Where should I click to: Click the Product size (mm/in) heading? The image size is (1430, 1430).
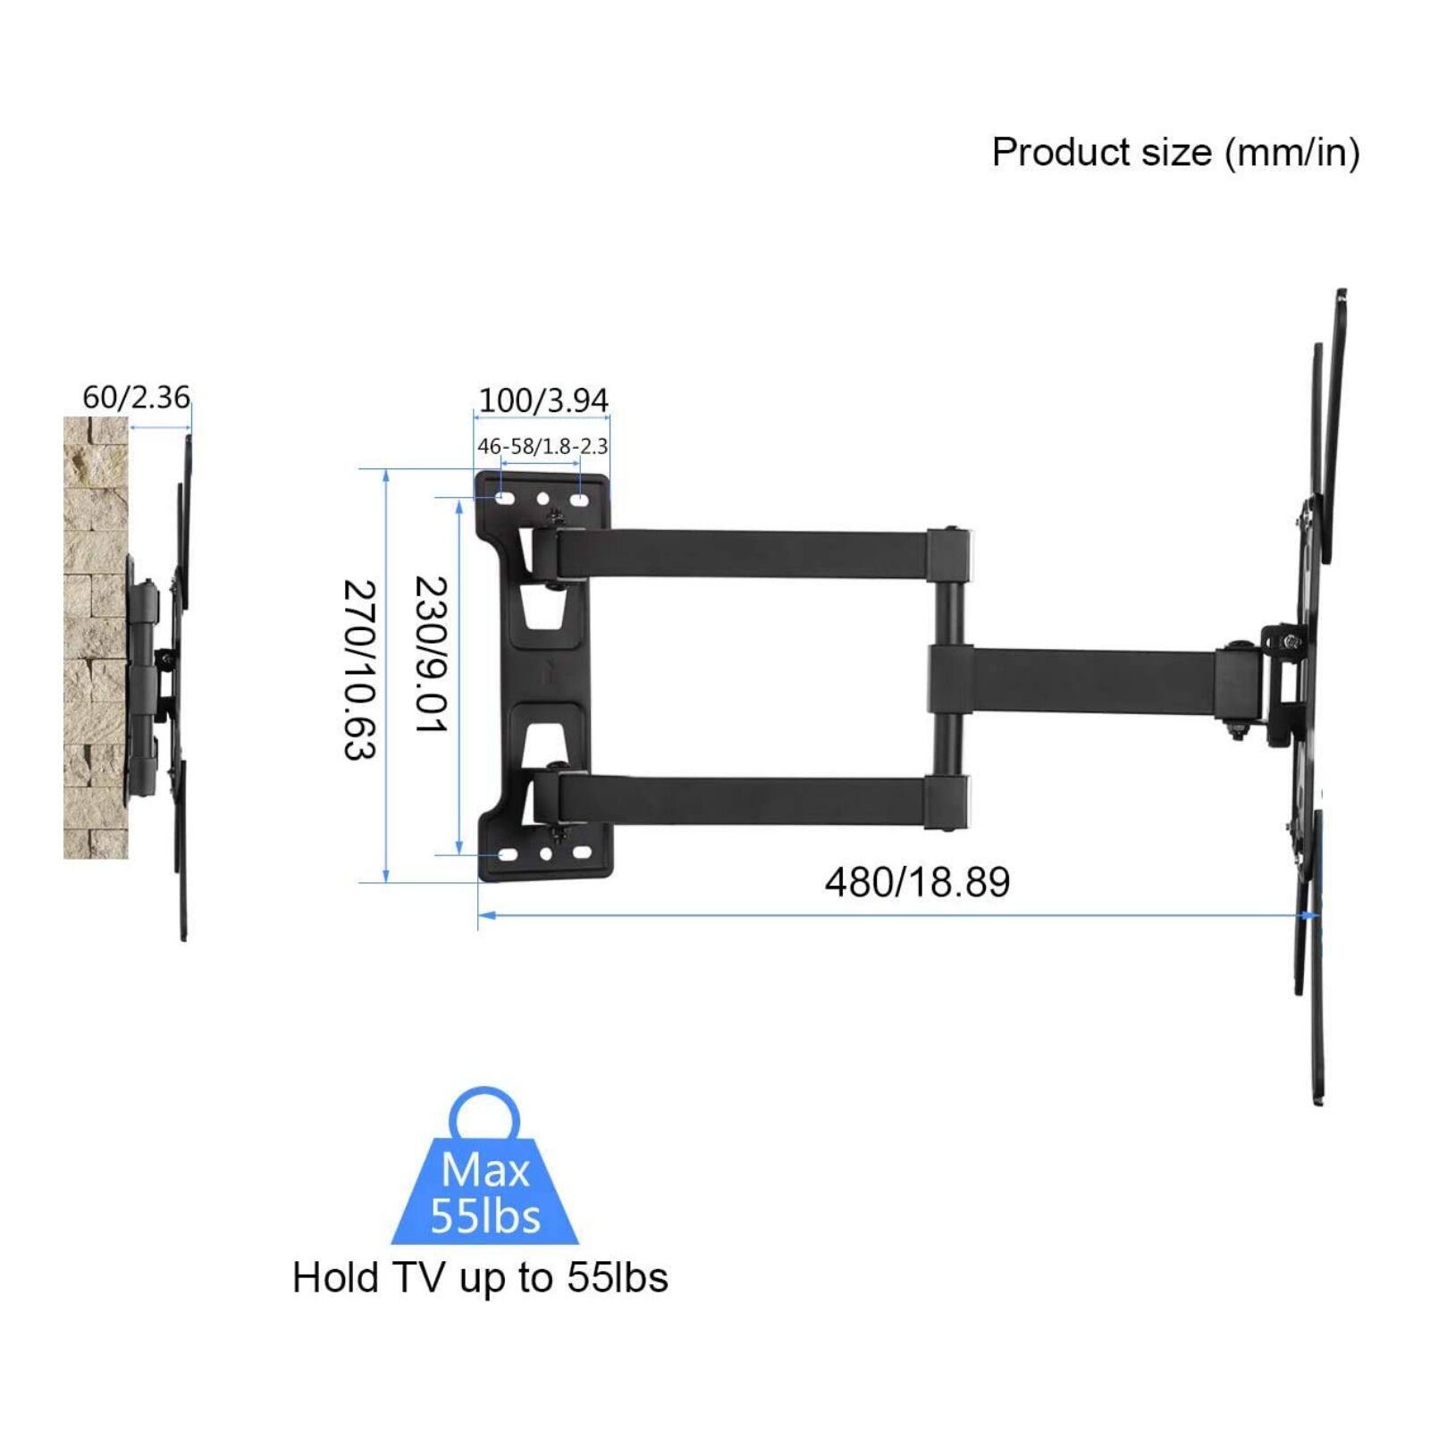click(1175, 153)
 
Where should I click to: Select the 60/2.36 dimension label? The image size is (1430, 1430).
click(136, 397)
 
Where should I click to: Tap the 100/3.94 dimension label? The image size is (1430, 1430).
click(543, 400)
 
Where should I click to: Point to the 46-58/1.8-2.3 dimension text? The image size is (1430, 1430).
click(543, 446)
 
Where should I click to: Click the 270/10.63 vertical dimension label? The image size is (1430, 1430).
click(359, 670)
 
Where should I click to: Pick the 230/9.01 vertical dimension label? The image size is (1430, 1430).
click(430, 654)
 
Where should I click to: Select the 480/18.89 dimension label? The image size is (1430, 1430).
click(917, 883)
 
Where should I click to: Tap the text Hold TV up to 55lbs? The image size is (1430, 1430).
click(480, 1278)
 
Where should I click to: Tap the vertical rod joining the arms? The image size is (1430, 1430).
click(947, 679)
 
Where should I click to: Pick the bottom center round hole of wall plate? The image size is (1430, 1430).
click(545, 854)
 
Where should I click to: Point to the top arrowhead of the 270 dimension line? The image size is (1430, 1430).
click(386, 475)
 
